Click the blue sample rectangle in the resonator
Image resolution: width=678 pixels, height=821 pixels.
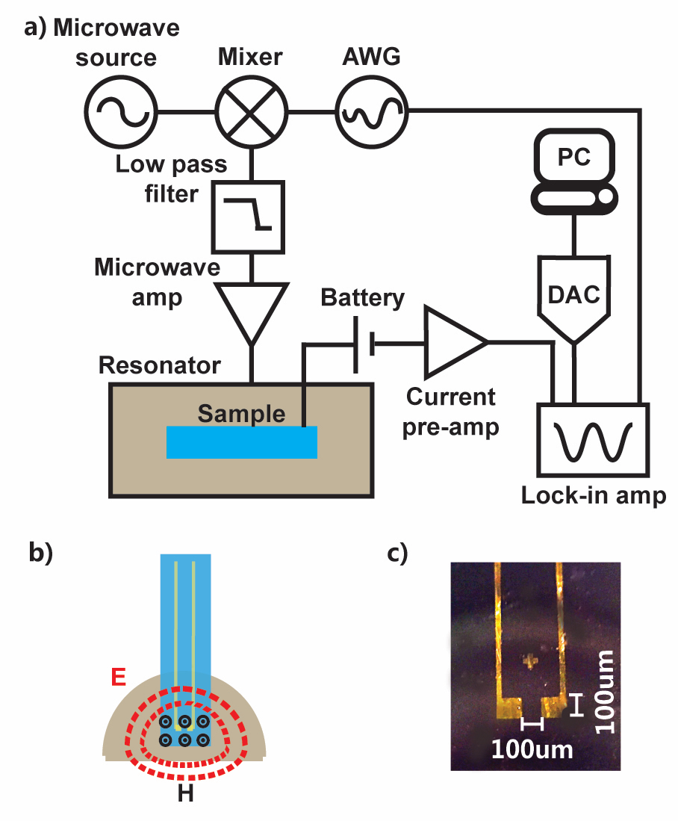click(x=242, y=442)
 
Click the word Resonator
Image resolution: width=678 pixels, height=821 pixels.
click(x=160, y=366)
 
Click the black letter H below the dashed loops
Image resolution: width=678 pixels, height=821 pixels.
click(x=186, y=793)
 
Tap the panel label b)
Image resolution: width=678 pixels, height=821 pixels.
click(x=39, y=554)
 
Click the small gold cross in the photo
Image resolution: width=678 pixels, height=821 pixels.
click(x=531, y=660)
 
